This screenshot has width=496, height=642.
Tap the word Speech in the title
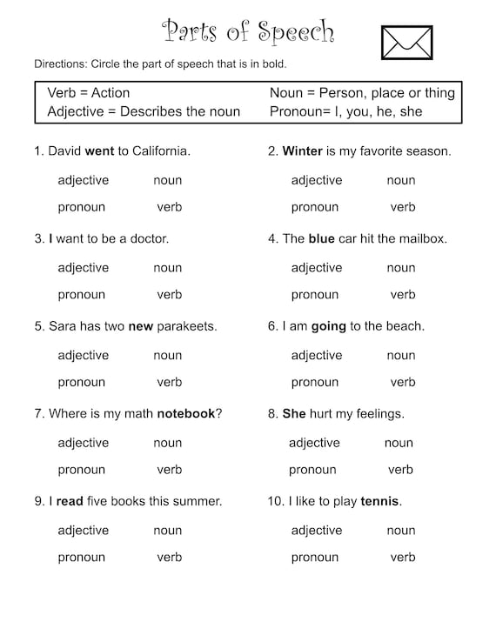[x=295, y=33]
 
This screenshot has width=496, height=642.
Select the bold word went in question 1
[x=99, y=151]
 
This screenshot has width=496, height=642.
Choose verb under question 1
[x=169, y=207]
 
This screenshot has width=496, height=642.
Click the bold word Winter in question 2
[x=303, y=151]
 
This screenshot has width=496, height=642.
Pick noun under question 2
[x=401, y=180]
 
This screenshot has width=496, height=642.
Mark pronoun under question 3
[x=81, y=295]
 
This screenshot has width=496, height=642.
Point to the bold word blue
[x=321, y=238]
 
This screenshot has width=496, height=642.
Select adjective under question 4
[x=316, y=268]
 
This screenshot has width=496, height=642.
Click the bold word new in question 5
[x=140, y=326]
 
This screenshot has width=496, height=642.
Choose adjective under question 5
[x=83, y=355]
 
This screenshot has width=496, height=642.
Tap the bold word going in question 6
[x=328, y=326]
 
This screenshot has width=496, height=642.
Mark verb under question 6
[x=403, y=382]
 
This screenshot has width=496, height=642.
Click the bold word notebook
[x=185, y=413]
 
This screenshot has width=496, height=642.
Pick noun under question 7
[x=167, y=443]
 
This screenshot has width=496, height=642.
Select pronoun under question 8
[x=312, y=470]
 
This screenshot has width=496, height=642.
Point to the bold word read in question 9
[x=70, y=501]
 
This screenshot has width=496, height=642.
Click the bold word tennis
[x=379, y=501]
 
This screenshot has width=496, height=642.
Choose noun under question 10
[x=401, y=531]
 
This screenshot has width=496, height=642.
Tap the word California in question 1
[x=159, y=151]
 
